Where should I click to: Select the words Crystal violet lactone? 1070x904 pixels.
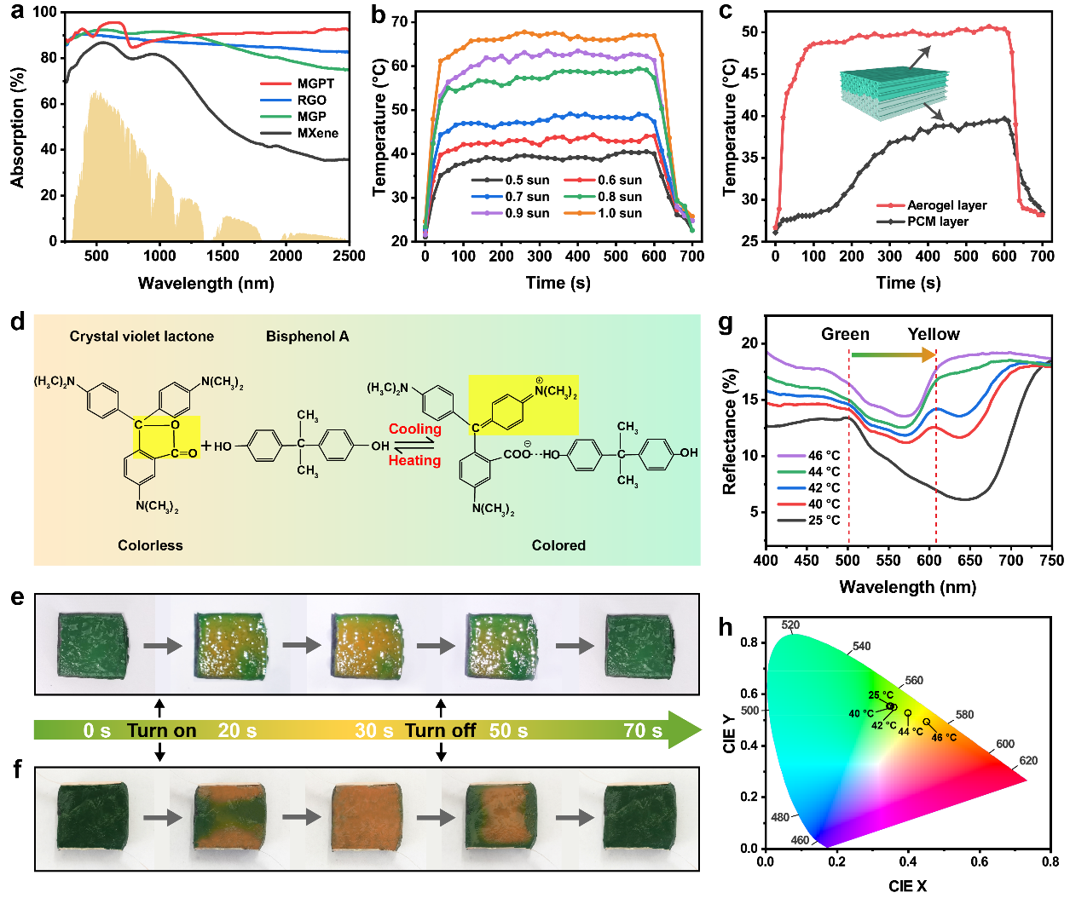(x=142, y=337)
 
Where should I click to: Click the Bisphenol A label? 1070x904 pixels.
(x=307, y=337)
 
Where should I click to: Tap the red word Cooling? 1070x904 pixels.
(x=415, y=429)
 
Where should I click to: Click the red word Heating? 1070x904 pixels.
(x=415, y=461)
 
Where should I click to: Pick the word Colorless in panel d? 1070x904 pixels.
(x=150, y=545)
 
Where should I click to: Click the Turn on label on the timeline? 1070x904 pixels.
(x=161, y=731)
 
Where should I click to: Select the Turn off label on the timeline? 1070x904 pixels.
(x=440, y=731)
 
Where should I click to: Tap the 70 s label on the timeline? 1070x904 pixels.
(x=643, y=731)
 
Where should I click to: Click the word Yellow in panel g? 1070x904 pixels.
(x=934, y=335)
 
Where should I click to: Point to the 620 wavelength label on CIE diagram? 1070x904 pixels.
(x=1028, y=761)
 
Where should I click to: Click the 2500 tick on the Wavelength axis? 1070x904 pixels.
(x=349, y=256)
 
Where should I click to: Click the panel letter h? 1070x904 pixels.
(x=726, y=628)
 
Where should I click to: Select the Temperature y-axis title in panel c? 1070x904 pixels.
(x=730, y=128)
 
